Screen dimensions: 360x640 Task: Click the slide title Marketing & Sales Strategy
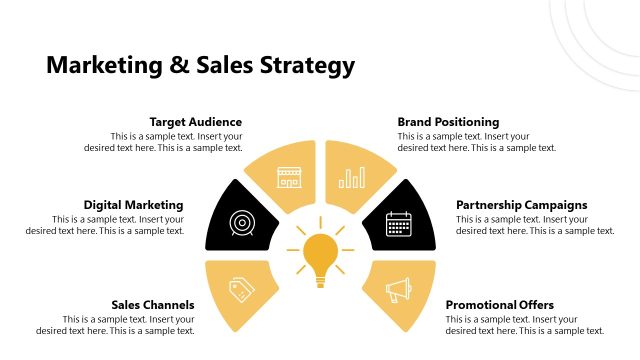[200, 66]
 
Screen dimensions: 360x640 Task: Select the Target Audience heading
[195, 122]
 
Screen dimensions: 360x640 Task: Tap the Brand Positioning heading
[448, 122]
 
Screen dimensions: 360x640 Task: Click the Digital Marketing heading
[133, 205]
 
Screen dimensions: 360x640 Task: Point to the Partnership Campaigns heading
[522, 205]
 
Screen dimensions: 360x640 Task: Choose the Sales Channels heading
[153, 305]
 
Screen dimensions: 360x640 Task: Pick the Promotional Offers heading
[499, 305]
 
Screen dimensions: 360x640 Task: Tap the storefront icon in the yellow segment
[289, 178]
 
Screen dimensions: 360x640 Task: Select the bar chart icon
[352, 178]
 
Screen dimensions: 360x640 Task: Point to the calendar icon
[399, 222]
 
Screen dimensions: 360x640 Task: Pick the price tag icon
[241, 290]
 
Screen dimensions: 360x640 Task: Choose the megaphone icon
[399, 291]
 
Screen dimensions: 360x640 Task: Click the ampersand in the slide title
[178, 66]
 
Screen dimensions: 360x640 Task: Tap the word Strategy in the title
[305, 67]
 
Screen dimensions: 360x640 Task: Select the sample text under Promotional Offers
[525, 325]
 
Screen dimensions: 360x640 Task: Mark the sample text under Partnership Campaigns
[535, 225]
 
